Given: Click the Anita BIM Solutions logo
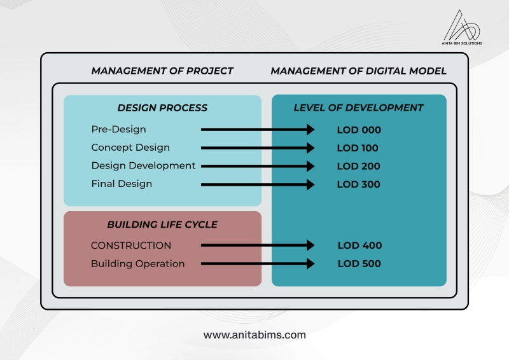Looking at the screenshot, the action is [x=462, y=27].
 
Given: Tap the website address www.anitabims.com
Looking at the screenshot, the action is [x=254, y=335].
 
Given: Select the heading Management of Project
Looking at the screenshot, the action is [x=162, y=71].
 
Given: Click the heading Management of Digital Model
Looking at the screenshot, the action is [x=358, y=71].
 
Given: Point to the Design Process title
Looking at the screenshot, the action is [x=162, y=107].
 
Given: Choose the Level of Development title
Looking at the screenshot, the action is [x=358, y=107].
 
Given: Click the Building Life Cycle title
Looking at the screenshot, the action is [x=162, y=225].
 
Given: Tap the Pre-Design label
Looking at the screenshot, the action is [x=118, y=130].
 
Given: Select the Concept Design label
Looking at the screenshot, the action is [x=130, y=148].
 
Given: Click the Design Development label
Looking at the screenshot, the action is [x=144, y=166].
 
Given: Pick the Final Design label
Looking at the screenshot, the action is [x=122, y=184].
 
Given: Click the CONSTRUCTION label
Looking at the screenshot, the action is [x=131, y=246].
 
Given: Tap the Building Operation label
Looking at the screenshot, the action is [x=137, y=263].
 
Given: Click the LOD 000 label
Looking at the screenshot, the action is [x=359, y=130].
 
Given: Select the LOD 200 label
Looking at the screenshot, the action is [x=358, y=166].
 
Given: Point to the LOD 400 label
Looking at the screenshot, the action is [x=359, y=246].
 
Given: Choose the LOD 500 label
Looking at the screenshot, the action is [x=359, y=263].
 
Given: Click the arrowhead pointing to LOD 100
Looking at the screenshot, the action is [x=310, y=148].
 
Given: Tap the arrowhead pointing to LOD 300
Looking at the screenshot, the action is [x=310, y=184].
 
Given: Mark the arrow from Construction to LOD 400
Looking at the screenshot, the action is [x=258, y=245].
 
